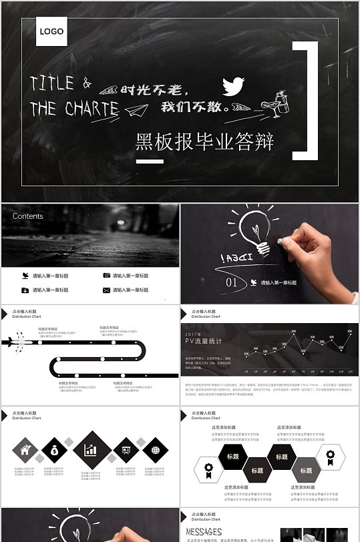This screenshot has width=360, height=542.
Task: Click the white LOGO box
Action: pos(51,31)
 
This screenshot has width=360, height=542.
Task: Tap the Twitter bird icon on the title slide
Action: pos(233,85)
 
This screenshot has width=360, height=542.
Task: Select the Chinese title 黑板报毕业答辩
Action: pos(204,141)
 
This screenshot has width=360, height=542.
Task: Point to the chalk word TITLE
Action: pos(53,83)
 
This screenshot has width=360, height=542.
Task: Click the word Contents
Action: pos(28,216)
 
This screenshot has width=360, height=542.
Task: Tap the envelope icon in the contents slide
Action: pos(106,290)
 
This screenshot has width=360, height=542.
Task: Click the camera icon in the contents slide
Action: pos(106,276)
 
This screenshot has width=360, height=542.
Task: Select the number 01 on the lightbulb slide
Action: pos(231,282)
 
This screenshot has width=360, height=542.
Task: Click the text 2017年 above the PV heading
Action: pos(192,333)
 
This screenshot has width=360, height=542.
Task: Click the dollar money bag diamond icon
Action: pos(55,451)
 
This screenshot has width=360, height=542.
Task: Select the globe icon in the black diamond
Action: pos(155,451)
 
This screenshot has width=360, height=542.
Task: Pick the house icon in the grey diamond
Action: pos(25,451)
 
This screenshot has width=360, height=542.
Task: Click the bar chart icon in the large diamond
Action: pos(91,451)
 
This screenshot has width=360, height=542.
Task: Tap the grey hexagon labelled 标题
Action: pos(306,470)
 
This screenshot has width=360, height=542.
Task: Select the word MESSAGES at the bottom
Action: pos(204,531)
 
